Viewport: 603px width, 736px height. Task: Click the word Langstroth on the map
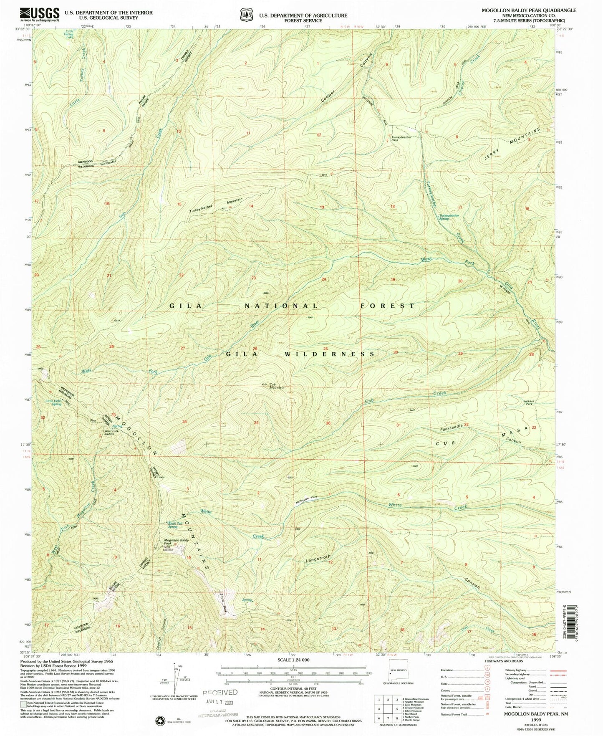(x=318, y=557)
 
